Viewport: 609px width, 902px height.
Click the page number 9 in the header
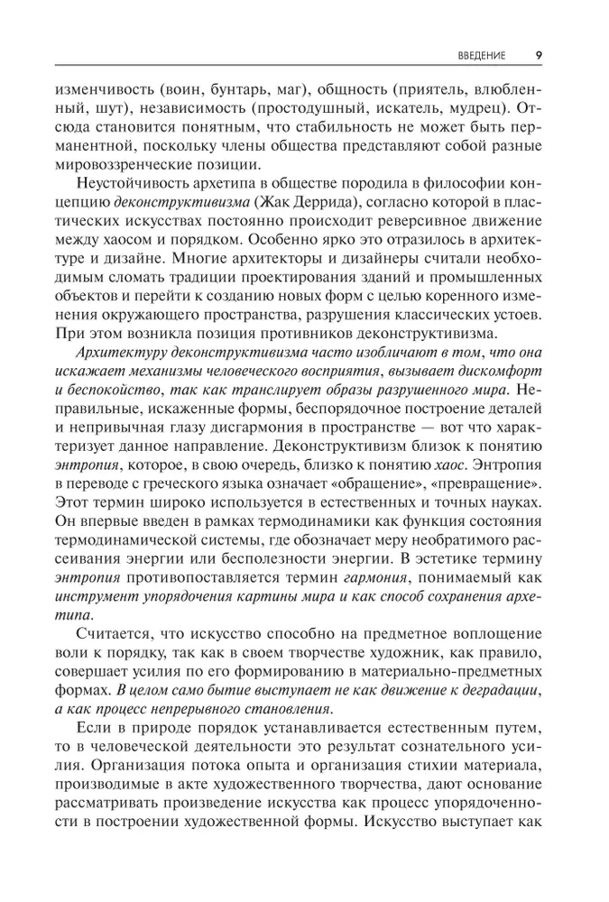click(539, 54)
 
